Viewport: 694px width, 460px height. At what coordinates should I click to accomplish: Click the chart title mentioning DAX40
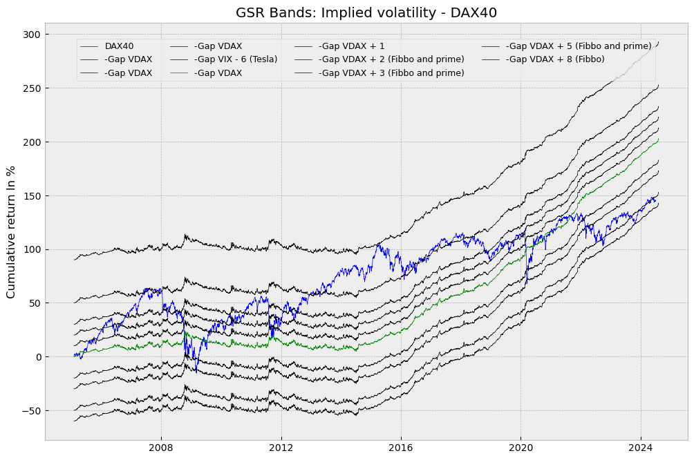pos(366,12)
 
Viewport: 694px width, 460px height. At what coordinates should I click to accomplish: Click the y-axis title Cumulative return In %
pos(11,232)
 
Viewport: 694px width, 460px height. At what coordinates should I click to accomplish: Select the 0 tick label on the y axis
pos(36,357)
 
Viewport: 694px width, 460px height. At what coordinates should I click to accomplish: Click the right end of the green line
pos(658,140)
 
